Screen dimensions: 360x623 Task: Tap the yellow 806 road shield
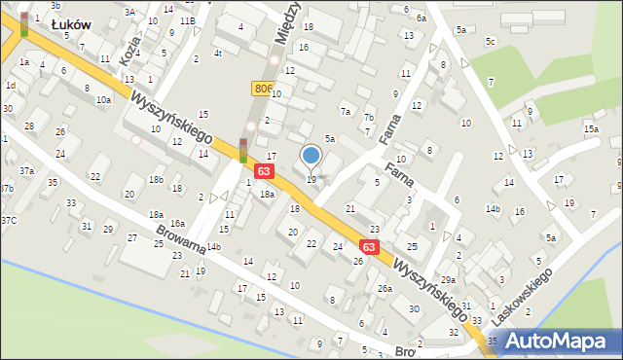point(264,89)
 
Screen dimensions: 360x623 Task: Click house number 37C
point(9,220)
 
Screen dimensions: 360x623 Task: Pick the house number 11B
point(187,20)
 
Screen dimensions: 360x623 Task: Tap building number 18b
point(156,180)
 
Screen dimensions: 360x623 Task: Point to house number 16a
point(177,224)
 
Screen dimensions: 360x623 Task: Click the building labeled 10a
point(103,99)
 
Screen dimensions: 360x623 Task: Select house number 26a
point(385,288)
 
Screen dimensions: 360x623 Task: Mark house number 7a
point(345,111)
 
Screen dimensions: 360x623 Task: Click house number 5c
point(491,41)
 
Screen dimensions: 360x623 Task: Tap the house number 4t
point(218,54)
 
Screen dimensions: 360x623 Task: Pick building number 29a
point(448,280)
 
